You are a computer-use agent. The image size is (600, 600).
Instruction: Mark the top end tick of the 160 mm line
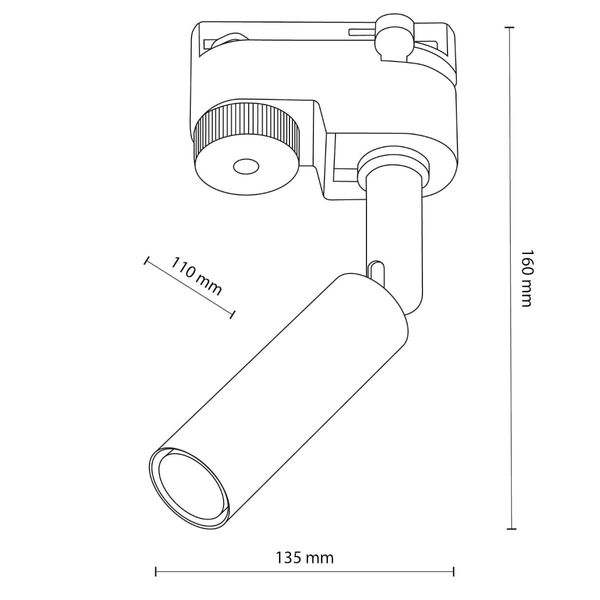[511, 30]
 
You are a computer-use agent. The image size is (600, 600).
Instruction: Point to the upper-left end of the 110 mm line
[148, 262]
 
